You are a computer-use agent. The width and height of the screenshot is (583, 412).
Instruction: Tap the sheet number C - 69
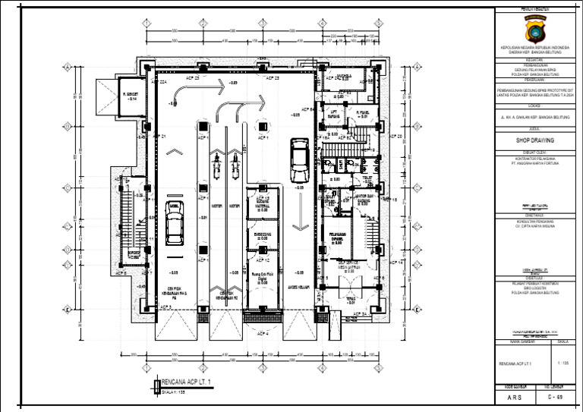click(x=556, y=397)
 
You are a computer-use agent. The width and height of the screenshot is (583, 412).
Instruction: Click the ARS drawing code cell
click(x=515, y=397)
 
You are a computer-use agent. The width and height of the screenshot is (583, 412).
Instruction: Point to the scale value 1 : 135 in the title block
click(x=563, y=364)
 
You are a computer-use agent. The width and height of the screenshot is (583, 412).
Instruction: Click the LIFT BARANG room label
click(x=332, y=115)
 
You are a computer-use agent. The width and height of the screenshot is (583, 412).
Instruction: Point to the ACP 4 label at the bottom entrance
click(x=263, y=333)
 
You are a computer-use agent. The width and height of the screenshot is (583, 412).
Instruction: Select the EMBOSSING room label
click(x=261, y=236)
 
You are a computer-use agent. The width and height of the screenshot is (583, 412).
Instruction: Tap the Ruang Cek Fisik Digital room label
click(x=261, y=278)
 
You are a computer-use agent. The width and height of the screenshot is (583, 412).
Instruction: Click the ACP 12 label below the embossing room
click(x=262, y=260)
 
